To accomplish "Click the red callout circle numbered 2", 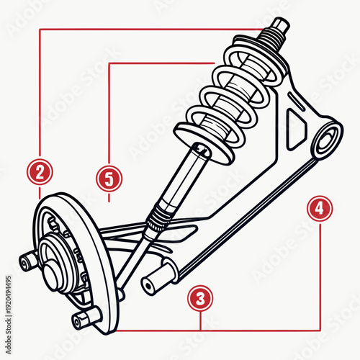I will [40, 172].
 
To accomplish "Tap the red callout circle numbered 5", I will [109, 177].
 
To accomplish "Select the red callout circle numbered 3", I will [200, 297].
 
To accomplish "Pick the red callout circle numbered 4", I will [319, 209].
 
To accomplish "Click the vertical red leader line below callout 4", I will [319, 274].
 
